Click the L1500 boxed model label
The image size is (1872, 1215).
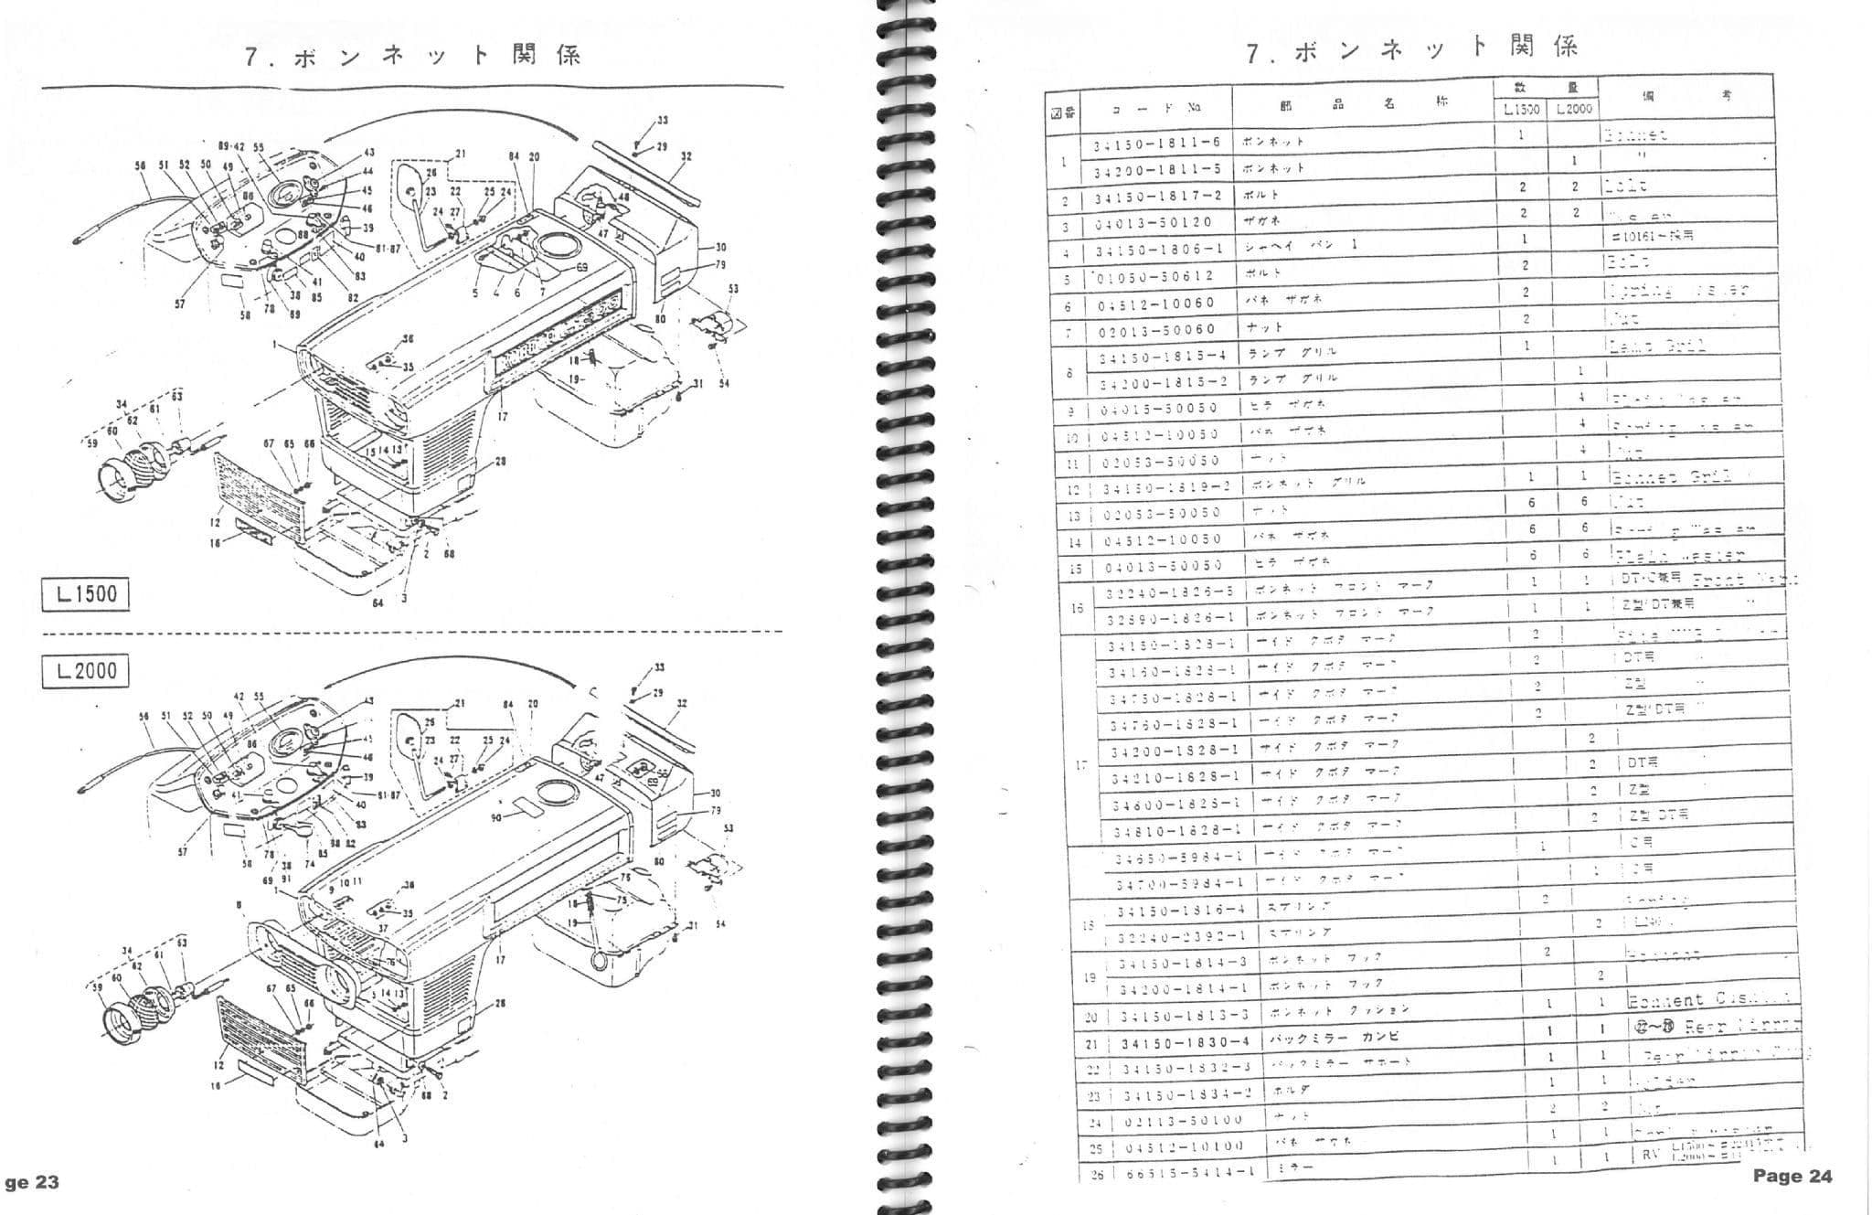pos(86,594)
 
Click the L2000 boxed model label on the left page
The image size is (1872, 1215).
pos(86,671)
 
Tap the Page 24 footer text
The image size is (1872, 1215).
pos(1792,1176)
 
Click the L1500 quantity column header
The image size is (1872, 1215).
pos(1521,109)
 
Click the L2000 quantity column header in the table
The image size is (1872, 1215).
pos(1573,109)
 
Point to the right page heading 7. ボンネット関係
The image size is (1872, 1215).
pos(1413,48)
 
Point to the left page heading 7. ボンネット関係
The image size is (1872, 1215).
pos(412,56)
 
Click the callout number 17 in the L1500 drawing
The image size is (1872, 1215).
pos(501,417)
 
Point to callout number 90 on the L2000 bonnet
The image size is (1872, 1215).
pos(496,817)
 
